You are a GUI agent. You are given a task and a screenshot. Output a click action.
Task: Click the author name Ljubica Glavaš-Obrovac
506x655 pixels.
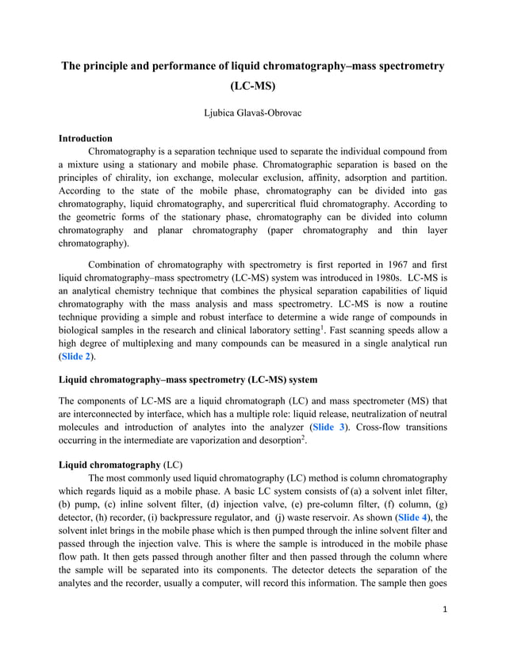[253, 113]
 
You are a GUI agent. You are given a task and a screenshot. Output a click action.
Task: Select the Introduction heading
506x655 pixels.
[86, 139]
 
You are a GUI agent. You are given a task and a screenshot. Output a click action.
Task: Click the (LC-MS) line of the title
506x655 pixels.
[253, 86]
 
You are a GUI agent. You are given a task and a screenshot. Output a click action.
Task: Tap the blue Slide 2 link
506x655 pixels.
[78, 357]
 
